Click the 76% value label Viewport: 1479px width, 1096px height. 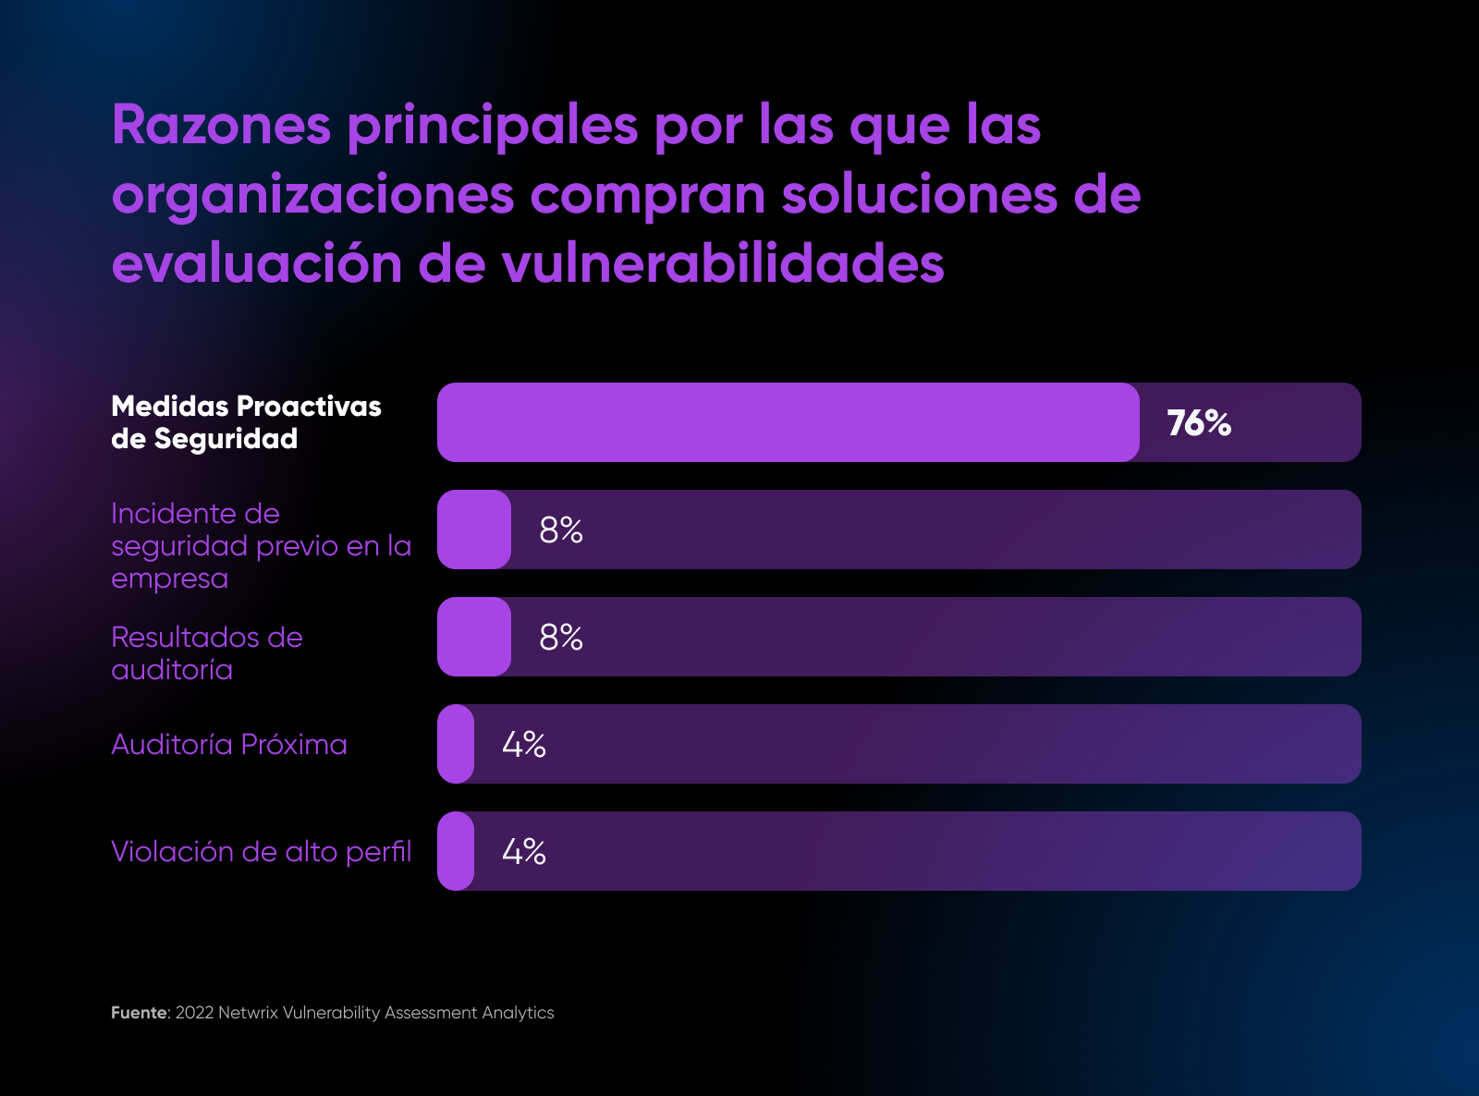[1199, 423]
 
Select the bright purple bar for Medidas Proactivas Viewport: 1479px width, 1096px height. [788, 422]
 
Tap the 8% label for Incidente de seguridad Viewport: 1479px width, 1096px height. [561, 530]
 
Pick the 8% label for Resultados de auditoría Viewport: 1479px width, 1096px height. [561, 638]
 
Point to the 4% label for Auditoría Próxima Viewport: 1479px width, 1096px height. [524, 745]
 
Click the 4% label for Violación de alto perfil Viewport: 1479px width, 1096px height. [524, 852]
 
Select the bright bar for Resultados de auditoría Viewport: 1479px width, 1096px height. [474, 637]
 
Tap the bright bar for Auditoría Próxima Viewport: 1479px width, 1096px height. [456, 744]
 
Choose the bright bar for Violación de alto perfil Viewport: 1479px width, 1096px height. [456, 851]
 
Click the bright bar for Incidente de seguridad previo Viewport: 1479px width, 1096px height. [474, 530]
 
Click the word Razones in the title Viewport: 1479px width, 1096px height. [221, 126]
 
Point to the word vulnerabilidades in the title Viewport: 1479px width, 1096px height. [723, 264]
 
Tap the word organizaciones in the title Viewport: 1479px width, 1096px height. [312, 196]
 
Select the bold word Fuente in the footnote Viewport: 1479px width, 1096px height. [139, 1013]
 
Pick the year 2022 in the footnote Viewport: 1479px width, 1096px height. [194, 1013]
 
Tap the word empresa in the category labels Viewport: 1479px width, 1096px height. [169, 579]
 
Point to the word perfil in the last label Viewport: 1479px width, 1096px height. [378, 852]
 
